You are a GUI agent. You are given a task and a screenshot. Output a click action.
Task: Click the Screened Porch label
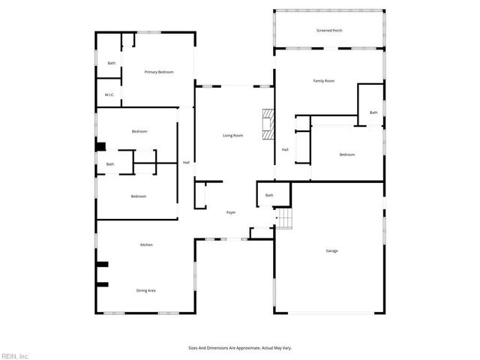pos(329,31)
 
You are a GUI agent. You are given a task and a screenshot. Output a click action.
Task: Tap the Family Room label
pos(323,80)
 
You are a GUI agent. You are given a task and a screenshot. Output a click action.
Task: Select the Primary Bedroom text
pos(159,72)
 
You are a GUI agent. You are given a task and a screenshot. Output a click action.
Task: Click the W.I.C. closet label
pos(109,95)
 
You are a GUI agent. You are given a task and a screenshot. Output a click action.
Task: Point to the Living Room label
pos(232,136)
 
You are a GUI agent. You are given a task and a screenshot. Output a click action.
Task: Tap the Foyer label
pos(231,212)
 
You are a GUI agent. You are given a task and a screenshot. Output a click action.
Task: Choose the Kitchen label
pos(146,245)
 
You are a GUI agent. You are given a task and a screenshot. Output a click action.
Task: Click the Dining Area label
pos(145,290)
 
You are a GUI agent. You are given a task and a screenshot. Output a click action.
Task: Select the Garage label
pos(331,250)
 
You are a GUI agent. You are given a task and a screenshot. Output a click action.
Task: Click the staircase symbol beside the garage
pos(283,218)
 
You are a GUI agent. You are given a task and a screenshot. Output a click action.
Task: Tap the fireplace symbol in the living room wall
pos(268,124)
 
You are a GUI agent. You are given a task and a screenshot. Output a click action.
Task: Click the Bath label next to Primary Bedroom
pos(111,63)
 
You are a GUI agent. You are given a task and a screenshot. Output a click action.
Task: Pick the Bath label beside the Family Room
pos(373,112)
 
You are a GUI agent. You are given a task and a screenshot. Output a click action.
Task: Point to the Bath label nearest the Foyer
pos(268,195)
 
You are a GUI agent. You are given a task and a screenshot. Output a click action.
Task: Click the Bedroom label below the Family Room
pos(346,154)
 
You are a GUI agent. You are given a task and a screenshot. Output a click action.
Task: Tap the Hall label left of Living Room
pos(186,163)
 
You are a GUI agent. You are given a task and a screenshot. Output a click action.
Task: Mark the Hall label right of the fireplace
pos(285,150)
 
